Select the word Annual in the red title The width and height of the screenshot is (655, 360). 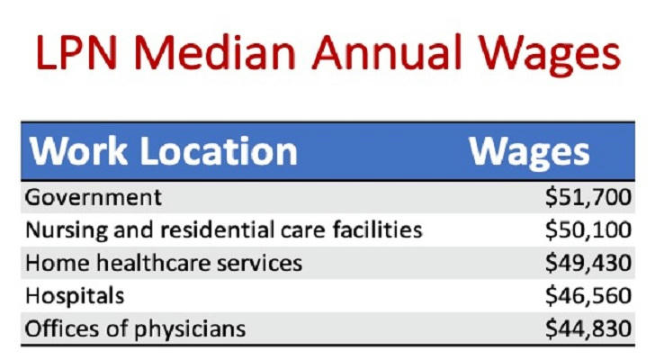click(x=387, y=52)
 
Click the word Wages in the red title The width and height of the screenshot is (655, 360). click(x=550, y=56)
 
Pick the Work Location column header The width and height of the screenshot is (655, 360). click(x=163, y=151)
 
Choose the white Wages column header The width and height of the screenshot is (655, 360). click(x=529, y=153)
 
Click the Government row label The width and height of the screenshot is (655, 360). click(x=94, y=197)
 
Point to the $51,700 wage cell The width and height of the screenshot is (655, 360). click(x=588, y=197)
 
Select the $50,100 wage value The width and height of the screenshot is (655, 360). click(x=588, y=229)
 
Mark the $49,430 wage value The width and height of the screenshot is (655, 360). click(x=588, y=263)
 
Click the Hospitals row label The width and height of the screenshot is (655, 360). click(x=75, y=296)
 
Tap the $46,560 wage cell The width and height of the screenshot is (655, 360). click(x=588, y=296)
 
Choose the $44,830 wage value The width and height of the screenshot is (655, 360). click(x=588, y=328)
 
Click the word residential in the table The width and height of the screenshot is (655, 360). click(x=216, y=229)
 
